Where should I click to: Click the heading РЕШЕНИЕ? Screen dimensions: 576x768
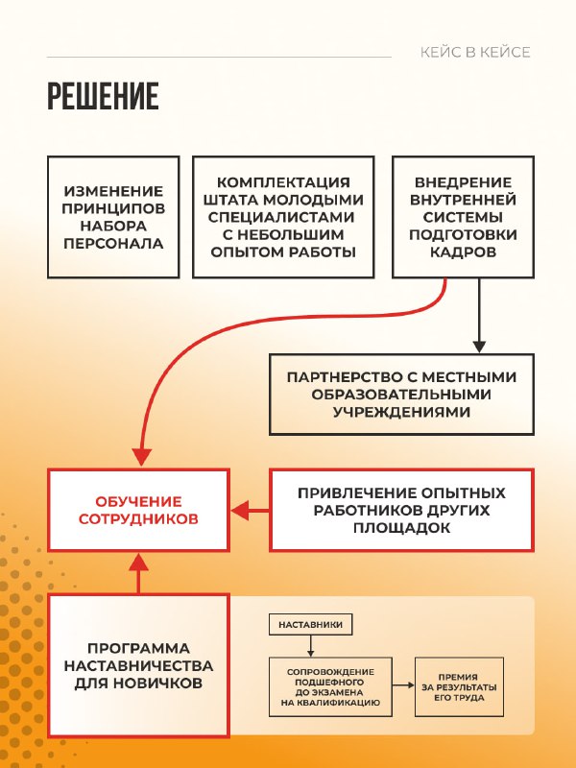[103, 96]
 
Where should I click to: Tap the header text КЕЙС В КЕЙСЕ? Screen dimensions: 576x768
[475, 53]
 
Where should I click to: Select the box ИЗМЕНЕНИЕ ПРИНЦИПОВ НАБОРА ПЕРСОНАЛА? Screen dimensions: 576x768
[113, 217]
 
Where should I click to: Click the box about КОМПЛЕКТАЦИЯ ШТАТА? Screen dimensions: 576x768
[283, 217]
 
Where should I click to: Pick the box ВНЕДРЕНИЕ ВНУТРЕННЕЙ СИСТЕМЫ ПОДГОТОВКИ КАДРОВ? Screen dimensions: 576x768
[463, 217]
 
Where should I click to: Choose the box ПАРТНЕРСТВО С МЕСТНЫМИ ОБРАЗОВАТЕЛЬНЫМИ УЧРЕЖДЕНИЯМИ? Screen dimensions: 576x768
[401, 395]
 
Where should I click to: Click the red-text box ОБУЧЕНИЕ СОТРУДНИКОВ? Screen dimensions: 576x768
[138, 510]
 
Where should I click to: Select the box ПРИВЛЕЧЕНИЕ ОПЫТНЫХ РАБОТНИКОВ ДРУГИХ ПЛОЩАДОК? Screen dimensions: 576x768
[401, 510]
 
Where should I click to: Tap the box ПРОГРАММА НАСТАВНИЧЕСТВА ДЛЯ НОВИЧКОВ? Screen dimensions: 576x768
[138, 665]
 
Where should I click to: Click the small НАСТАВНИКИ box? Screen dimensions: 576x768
[310, 625]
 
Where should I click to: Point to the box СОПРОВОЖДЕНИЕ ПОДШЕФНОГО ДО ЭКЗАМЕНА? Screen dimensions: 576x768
[330, 686]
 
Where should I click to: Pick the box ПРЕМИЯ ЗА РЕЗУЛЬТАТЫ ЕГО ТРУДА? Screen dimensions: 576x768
[459, 686]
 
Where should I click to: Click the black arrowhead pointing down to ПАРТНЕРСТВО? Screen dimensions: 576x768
[479, 347]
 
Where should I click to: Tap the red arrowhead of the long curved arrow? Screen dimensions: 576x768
[141, 458]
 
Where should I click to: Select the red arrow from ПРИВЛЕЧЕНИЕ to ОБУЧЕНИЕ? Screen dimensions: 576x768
[250, 511]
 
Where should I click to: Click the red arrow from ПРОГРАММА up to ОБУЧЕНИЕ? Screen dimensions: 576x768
[138, 573]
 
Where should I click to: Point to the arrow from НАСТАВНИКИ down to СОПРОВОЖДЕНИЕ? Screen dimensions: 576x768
[310, 646]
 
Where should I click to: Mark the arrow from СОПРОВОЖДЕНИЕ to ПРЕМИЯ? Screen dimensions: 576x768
[403, 685]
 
